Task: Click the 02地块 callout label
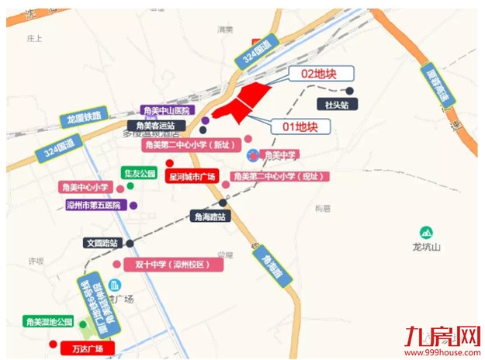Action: tap(320, 74)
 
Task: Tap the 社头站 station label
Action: tap(333, 103)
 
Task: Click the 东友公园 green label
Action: tap(140, 173)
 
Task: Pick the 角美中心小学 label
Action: tap(85, 187)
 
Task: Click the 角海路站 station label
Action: tap(210, 216)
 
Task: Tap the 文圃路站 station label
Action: tap(102, 243)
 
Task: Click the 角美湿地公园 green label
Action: tap(48, 321)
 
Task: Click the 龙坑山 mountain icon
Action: tap(426, 232)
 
